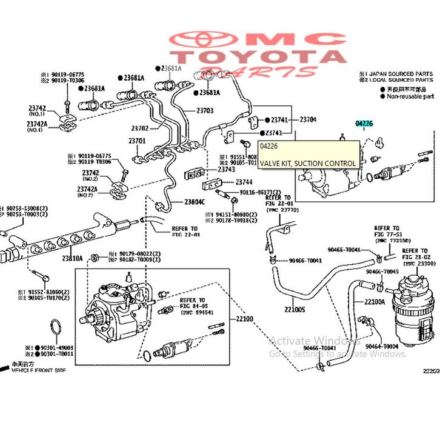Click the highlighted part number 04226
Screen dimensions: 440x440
(364, 124)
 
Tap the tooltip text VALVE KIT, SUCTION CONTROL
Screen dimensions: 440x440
(308, 163)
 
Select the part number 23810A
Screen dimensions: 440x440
(72, 258)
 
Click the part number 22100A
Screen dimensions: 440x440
(375, 301)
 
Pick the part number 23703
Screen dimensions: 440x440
(205, 111)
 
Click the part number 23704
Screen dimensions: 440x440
(308, 119)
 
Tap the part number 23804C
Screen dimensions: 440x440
(195, 201)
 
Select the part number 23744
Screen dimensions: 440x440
(244, 182)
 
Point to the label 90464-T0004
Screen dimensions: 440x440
(382, 347)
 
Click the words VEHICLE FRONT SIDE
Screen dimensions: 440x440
(39, 370)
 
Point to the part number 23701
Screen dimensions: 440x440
(137, 141)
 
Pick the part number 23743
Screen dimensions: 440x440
(226, 170)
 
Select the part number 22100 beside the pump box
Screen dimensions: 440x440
(245, 319)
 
